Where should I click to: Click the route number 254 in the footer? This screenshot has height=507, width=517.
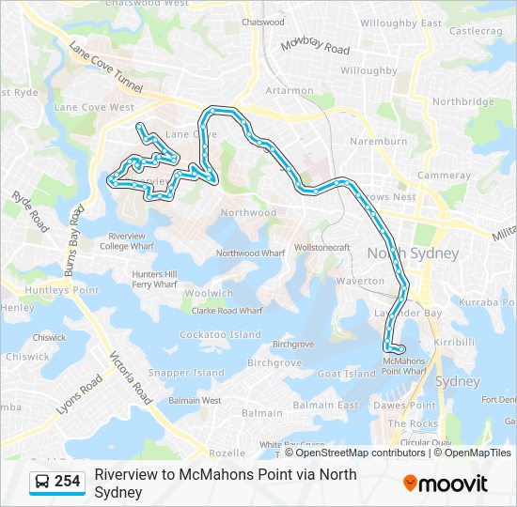tap(67, 482)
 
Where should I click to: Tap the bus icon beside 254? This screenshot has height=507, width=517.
tap(42, 483)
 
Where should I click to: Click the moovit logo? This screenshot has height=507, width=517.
tap(446, 484)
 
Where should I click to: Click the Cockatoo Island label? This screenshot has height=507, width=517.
tap(220, 334)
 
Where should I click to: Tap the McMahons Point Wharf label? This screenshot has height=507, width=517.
tap(405, 365)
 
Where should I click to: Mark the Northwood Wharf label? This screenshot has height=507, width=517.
tap(250, 253)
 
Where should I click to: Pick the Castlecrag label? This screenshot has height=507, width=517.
tap(476, 31)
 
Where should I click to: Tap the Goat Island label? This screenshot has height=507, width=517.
tap(347, 374)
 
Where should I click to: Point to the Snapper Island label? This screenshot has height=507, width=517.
tap(186, 373)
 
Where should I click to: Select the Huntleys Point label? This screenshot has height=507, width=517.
tap(60, 291)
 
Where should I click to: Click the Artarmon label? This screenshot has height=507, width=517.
tap(289, 91)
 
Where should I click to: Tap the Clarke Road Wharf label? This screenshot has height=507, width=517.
tap(227, 310)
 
